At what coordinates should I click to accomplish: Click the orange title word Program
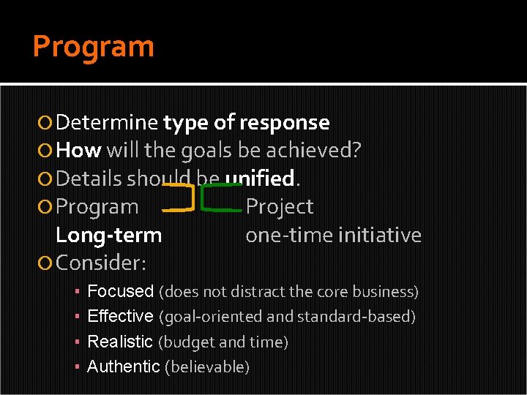(94, 47)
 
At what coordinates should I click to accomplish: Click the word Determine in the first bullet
(107, 122)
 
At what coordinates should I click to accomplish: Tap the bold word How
(78, 151)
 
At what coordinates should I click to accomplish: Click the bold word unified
(259, 178)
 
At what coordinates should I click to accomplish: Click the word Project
(279, 207)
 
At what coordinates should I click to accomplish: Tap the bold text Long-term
(108, 236)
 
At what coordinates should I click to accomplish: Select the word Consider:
(101, 262)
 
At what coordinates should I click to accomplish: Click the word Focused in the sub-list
(120, 291)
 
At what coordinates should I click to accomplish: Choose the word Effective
(120, 317)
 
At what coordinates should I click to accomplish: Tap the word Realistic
(120, 342)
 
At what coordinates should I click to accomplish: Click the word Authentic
(123, 366)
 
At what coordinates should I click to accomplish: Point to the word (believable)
(207, 367)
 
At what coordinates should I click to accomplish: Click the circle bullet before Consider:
(46, 262)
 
